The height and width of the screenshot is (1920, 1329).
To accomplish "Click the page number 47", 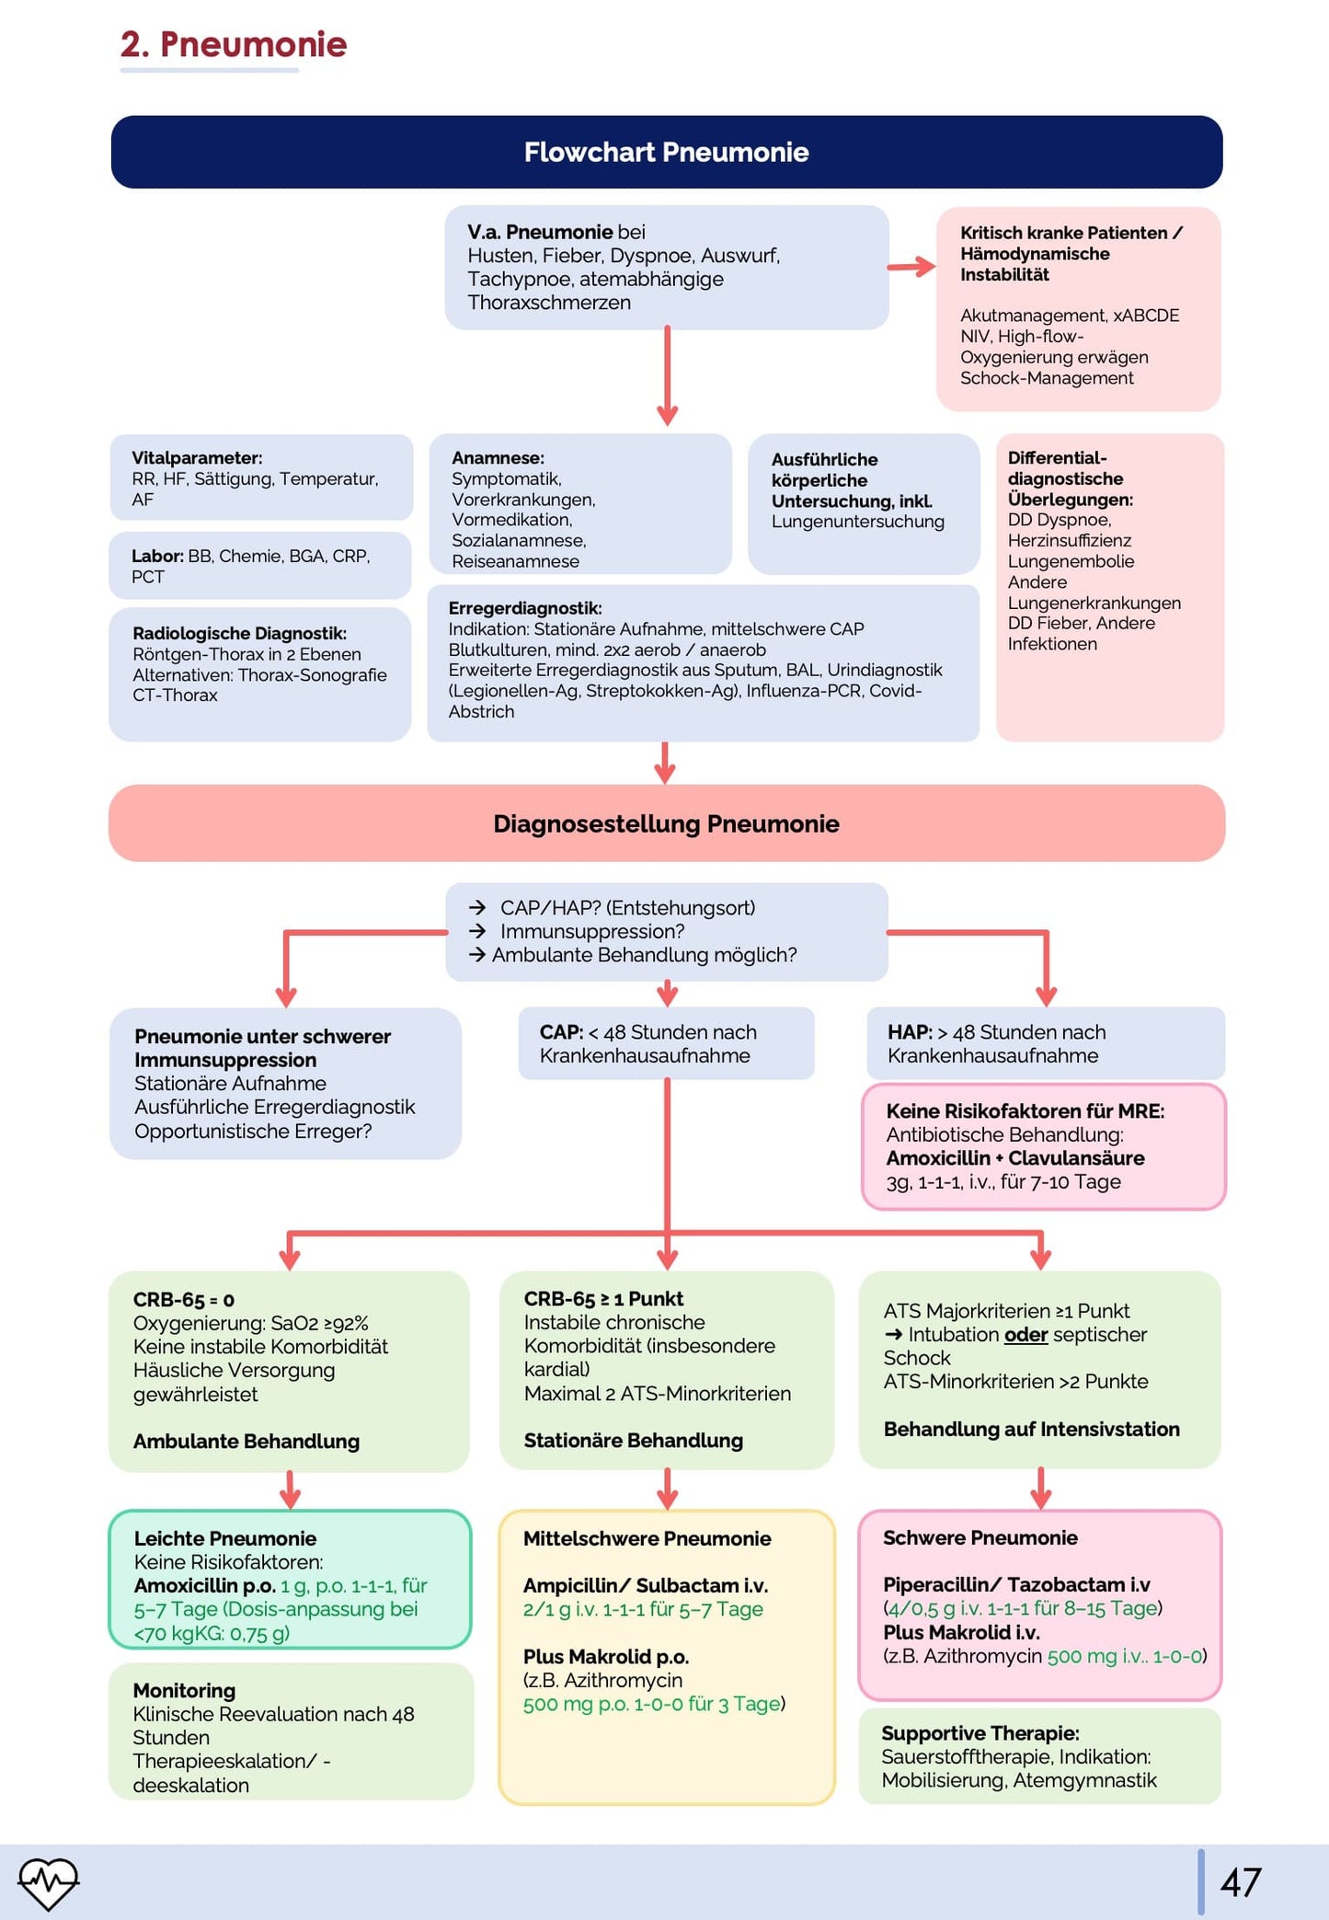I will pos(1240,1882).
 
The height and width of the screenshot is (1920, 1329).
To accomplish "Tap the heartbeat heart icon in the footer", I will pos(48,1882).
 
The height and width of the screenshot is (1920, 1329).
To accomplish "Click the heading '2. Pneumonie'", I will pos(234,44).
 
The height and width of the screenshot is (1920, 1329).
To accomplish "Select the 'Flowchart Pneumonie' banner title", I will pos(666,152).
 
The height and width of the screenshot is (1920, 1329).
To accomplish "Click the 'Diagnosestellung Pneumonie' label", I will pos(666,823).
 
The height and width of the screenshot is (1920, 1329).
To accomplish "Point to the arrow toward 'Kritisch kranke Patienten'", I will pos(911,267).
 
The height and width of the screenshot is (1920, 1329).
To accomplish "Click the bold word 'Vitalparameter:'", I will pos(197,458).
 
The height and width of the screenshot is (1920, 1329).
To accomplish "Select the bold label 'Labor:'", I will pos(157,556).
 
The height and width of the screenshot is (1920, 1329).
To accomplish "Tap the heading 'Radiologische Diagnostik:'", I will pos(239,633).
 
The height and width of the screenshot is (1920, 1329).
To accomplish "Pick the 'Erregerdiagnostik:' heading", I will pos(525,608).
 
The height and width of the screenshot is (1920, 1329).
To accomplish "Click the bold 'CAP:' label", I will pos(561,1032).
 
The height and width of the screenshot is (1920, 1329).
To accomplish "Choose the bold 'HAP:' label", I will pos(910,1032).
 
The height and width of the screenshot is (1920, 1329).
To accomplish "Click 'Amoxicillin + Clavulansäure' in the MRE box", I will pos(1015,1157).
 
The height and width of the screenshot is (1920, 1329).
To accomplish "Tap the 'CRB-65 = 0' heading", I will pos(184,1299).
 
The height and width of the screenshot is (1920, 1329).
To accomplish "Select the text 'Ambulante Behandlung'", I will pos(246,1441).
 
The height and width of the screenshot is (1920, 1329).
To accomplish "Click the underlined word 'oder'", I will pos(1025,1334).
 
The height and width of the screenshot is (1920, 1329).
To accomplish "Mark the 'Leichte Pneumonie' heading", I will pos(225,1538).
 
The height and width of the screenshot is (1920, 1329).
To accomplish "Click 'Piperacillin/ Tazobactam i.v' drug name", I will pos(1016,1584).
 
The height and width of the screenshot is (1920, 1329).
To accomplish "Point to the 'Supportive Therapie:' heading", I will pos(980,1733).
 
